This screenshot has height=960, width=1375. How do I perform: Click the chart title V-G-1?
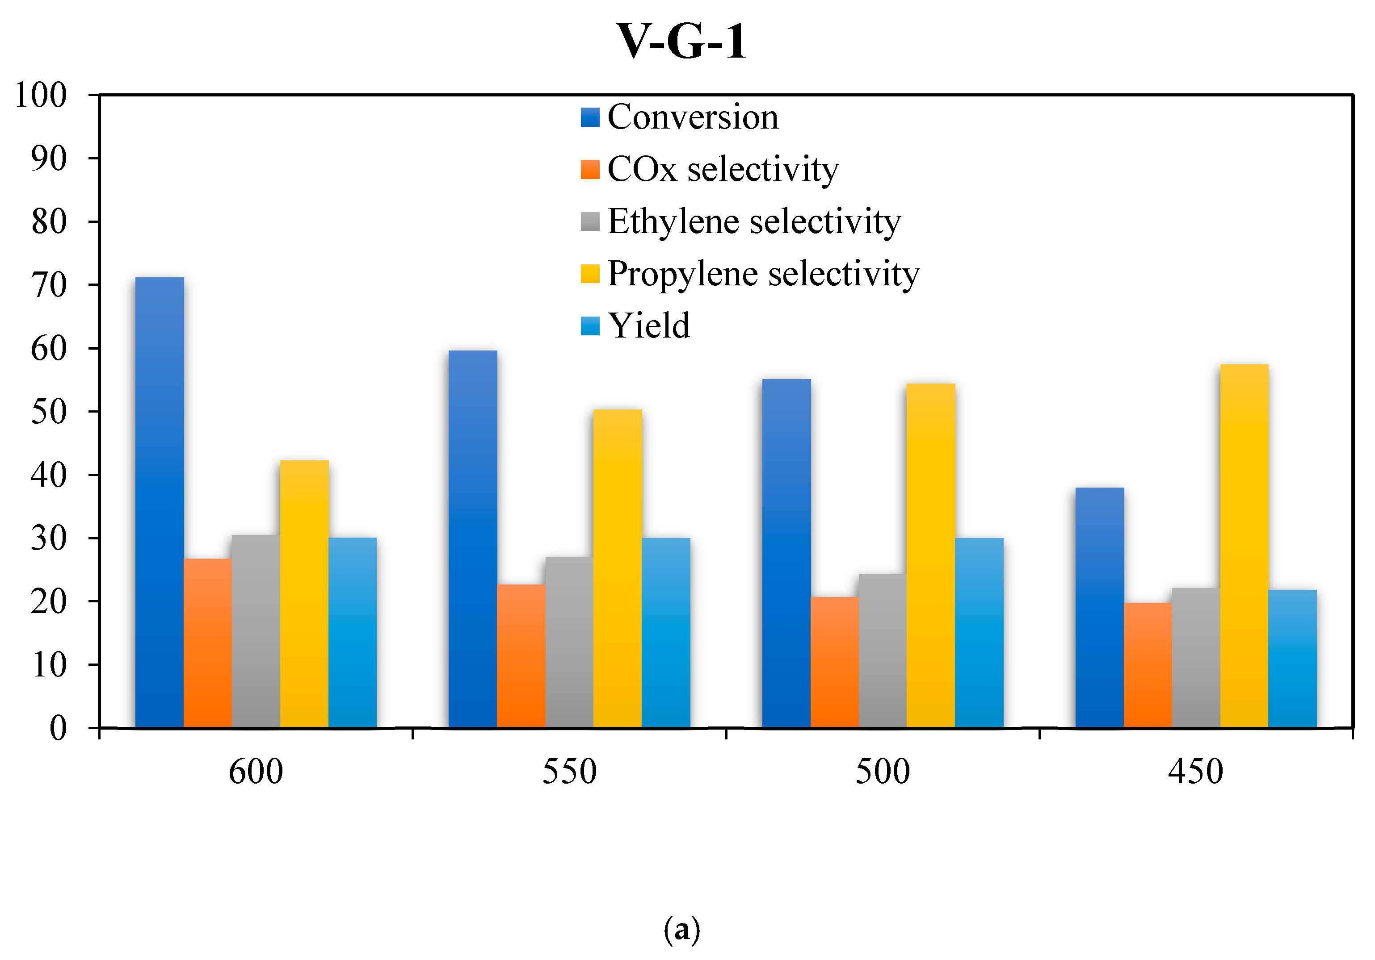point(681,42)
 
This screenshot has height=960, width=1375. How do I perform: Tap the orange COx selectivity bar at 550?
point(521,655)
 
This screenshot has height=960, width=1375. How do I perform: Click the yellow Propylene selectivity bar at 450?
point(1244,546)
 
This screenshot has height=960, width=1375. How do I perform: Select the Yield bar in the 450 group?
point(1292,658)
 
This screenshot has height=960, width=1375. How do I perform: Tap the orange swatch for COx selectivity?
point(589,169)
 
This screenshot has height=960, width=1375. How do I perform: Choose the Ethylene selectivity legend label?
point(753,221)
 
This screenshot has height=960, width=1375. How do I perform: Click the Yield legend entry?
point(648,326)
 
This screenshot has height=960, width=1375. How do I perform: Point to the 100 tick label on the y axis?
point(41,95)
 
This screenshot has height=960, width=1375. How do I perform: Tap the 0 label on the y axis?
point(58,728)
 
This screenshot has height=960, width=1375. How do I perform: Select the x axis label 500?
point(882,772)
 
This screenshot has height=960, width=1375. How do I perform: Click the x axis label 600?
point(256,772)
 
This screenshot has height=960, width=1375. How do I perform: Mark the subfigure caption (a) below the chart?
point(681,930)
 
